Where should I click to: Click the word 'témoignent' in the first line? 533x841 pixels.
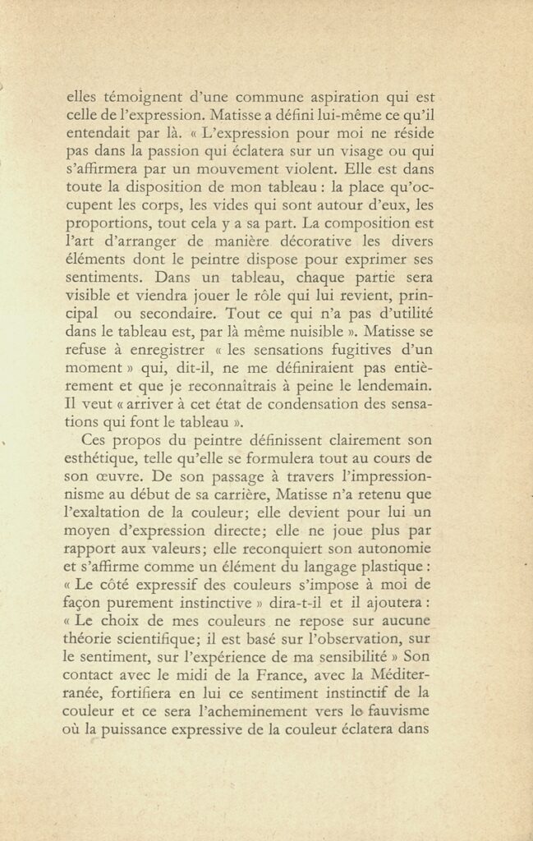(134, 97)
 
